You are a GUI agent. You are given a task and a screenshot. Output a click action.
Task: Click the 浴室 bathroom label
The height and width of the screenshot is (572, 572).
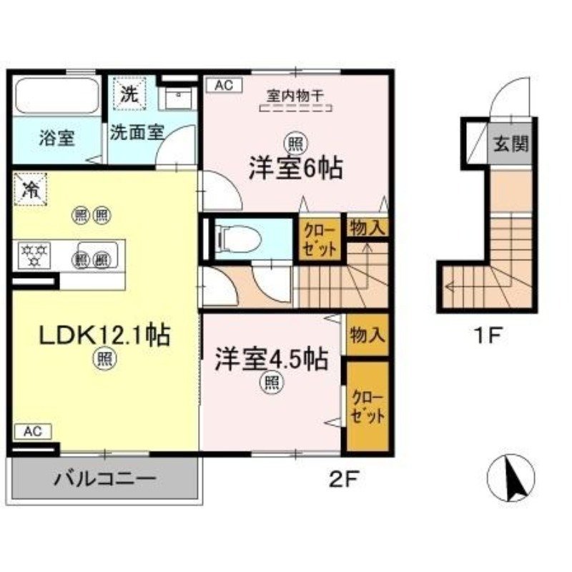[56, 137]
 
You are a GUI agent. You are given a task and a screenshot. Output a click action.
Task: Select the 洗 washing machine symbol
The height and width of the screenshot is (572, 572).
[129, 94]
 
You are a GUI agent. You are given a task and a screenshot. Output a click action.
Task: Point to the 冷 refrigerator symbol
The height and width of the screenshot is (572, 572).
[30, 189]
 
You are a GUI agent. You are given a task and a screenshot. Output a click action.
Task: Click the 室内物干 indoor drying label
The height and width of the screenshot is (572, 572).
[295, 94]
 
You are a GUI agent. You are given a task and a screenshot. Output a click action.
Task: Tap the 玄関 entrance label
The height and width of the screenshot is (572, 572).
[510, 144]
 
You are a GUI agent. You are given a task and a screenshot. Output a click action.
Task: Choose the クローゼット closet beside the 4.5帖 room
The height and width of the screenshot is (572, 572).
[368, 407]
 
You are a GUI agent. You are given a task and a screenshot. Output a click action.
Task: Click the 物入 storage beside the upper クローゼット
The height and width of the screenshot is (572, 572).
[368, 229]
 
